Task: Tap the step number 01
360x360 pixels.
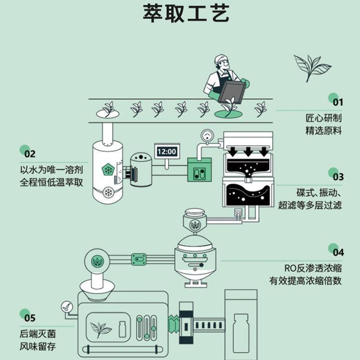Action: tap(338, 101)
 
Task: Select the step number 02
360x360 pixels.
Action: tap(29, 154)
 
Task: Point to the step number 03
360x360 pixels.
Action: tap(338, 176)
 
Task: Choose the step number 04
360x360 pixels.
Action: tap(338, 252)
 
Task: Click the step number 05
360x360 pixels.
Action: tap(29, 317)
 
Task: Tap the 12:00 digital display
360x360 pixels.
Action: tap(167, 151)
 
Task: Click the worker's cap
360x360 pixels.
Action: tap(220, 60)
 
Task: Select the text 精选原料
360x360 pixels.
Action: tap(324, 131)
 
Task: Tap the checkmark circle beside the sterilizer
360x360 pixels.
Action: tap(66, 306)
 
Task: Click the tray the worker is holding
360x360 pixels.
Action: tap(229, 89)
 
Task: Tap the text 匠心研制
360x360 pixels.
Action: tap(324, 118)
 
